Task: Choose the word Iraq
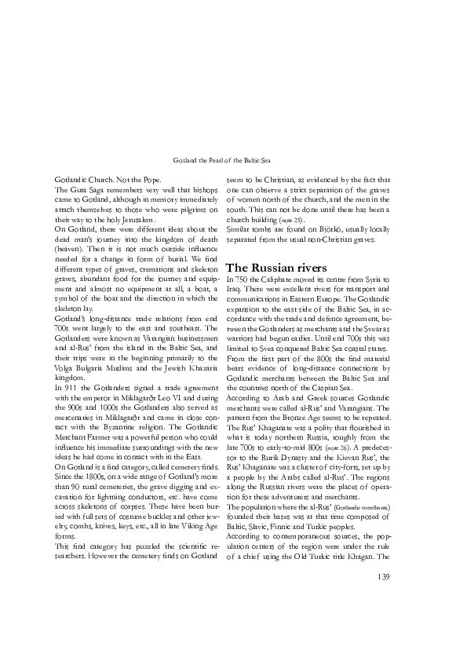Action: click(x=233, y=290)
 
